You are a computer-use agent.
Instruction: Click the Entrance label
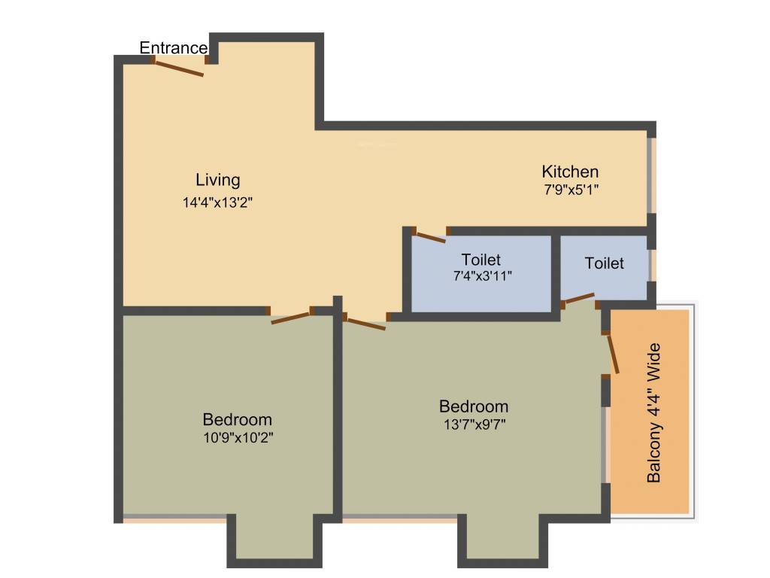[x=174, y=48]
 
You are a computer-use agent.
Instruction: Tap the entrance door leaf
[x=179, y=68]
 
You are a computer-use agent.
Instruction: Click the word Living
[x=218, y=180]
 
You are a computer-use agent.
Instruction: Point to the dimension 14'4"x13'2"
[x=218, y=202]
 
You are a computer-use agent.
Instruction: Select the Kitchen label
[x=571, y=171]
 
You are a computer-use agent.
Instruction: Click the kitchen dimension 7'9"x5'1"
[x=571, y=190]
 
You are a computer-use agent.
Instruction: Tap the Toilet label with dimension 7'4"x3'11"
[x=481, y=260]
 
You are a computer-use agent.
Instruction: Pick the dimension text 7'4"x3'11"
[x=481, y=275]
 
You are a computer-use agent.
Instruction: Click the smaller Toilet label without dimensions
[x=605, y=263]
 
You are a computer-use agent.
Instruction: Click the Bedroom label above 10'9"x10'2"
[x=238, y=419]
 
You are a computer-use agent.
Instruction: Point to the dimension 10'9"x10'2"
[x=238, y=438]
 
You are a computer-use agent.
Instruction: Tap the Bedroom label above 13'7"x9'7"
[x=474, y=406]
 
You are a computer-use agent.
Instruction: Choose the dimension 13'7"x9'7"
[x=474, y=424]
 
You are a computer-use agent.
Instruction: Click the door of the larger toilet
[x=430, y=238]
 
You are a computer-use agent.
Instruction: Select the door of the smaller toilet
[x=579, y=299]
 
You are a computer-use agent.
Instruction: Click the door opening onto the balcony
[x=613, y=354]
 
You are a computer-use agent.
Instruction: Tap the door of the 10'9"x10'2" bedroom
[x=290, y=318]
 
